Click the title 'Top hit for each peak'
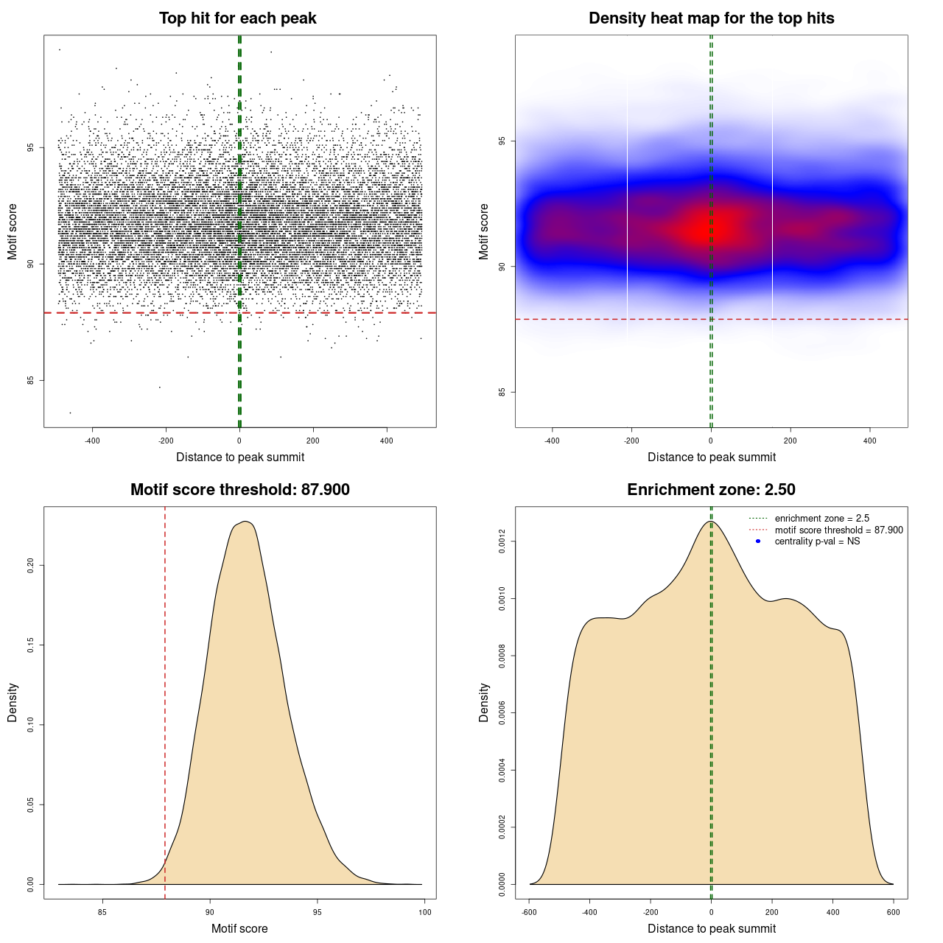point(237,18)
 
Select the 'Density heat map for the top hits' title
point(711,18)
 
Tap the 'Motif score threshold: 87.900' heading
point(239,490)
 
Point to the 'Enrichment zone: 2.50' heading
point(711,490)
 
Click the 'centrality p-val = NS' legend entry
point(817,541)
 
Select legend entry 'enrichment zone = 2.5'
point(821,519)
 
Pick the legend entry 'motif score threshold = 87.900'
point(838,530)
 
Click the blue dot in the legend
point(758,541)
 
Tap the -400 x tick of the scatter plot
point(92,441)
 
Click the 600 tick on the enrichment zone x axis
point(894,912)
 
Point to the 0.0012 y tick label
point(502,541)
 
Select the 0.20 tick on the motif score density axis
point(31,565)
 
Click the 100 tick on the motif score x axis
point(425,912)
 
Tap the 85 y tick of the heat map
point(502,392)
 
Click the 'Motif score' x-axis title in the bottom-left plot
point(239,928)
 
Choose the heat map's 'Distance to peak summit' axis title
point(711,457)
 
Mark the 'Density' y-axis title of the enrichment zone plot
point(484,702)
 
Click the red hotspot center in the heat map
point(711,229)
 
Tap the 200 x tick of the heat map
point(790,441)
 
